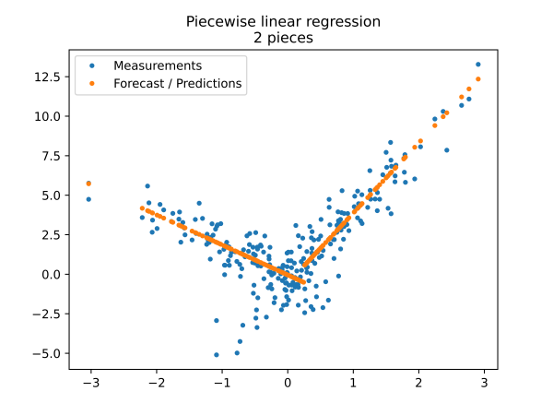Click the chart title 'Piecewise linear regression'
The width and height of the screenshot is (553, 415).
[283, 21]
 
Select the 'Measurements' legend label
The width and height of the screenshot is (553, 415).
[158, 65]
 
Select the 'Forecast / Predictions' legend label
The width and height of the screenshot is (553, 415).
[177, 83]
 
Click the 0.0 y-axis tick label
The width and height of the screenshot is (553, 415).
[52, 274]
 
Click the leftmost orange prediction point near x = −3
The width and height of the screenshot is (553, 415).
[88, 184]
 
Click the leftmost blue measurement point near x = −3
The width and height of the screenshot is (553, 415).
[88, 199]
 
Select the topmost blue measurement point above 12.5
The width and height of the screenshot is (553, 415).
[477, 65]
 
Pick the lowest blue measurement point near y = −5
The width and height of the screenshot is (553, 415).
[217, 354]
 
